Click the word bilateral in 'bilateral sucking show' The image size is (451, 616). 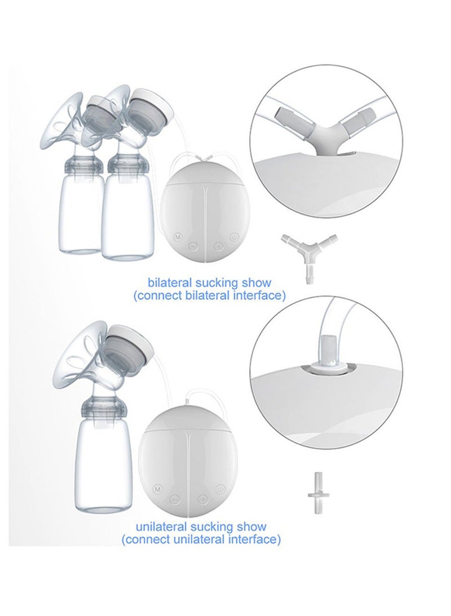168,282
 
